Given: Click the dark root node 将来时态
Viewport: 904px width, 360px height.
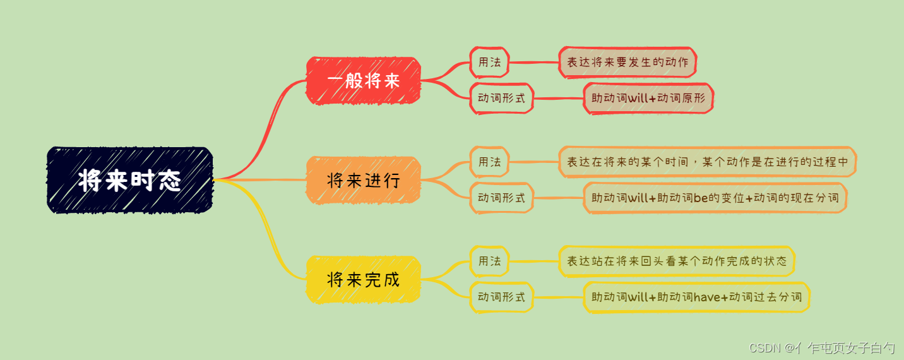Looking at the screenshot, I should (130, 180).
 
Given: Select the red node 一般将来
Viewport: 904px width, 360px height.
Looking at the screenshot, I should (364, 80).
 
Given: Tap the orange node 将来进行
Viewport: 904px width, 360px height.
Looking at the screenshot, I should (364, 180).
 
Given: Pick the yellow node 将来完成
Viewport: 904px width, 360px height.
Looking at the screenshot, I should (364, 279).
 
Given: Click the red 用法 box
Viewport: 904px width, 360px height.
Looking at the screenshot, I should (489, 63).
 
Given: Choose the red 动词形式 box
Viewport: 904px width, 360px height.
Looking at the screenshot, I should (502, 99).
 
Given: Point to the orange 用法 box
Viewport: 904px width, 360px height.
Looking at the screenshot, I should (489, 162).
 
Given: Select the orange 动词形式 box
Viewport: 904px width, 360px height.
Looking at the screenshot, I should (502, 198).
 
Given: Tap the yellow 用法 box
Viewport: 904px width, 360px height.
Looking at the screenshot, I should (489, 261).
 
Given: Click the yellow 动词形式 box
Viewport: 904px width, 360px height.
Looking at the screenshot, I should (502, 297).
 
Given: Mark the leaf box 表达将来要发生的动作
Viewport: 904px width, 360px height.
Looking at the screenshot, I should (627, 63).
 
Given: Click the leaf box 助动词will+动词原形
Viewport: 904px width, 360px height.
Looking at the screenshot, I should (648, 99).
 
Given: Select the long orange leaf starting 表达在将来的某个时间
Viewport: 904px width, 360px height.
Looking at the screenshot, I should (707, 162).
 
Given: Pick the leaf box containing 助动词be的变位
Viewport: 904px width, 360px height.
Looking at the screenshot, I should (715, 198).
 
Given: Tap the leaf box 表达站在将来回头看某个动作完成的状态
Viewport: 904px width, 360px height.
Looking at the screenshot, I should (677, 261).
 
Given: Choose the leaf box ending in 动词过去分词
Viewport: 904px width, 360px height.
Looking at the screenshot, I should (696, 297).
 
